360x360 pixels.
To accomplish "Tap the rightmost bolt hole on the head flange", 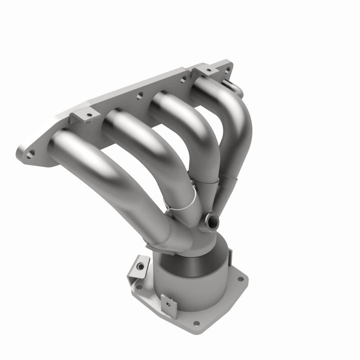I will coord(228,70).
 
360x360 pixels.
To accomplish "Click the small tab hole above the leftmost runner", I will coord(89,115).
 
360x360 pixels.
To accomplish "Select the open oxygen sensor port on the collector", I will coord(211,219).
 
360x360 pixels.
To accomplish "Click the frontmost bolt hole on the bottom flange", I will coord(196,323).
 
